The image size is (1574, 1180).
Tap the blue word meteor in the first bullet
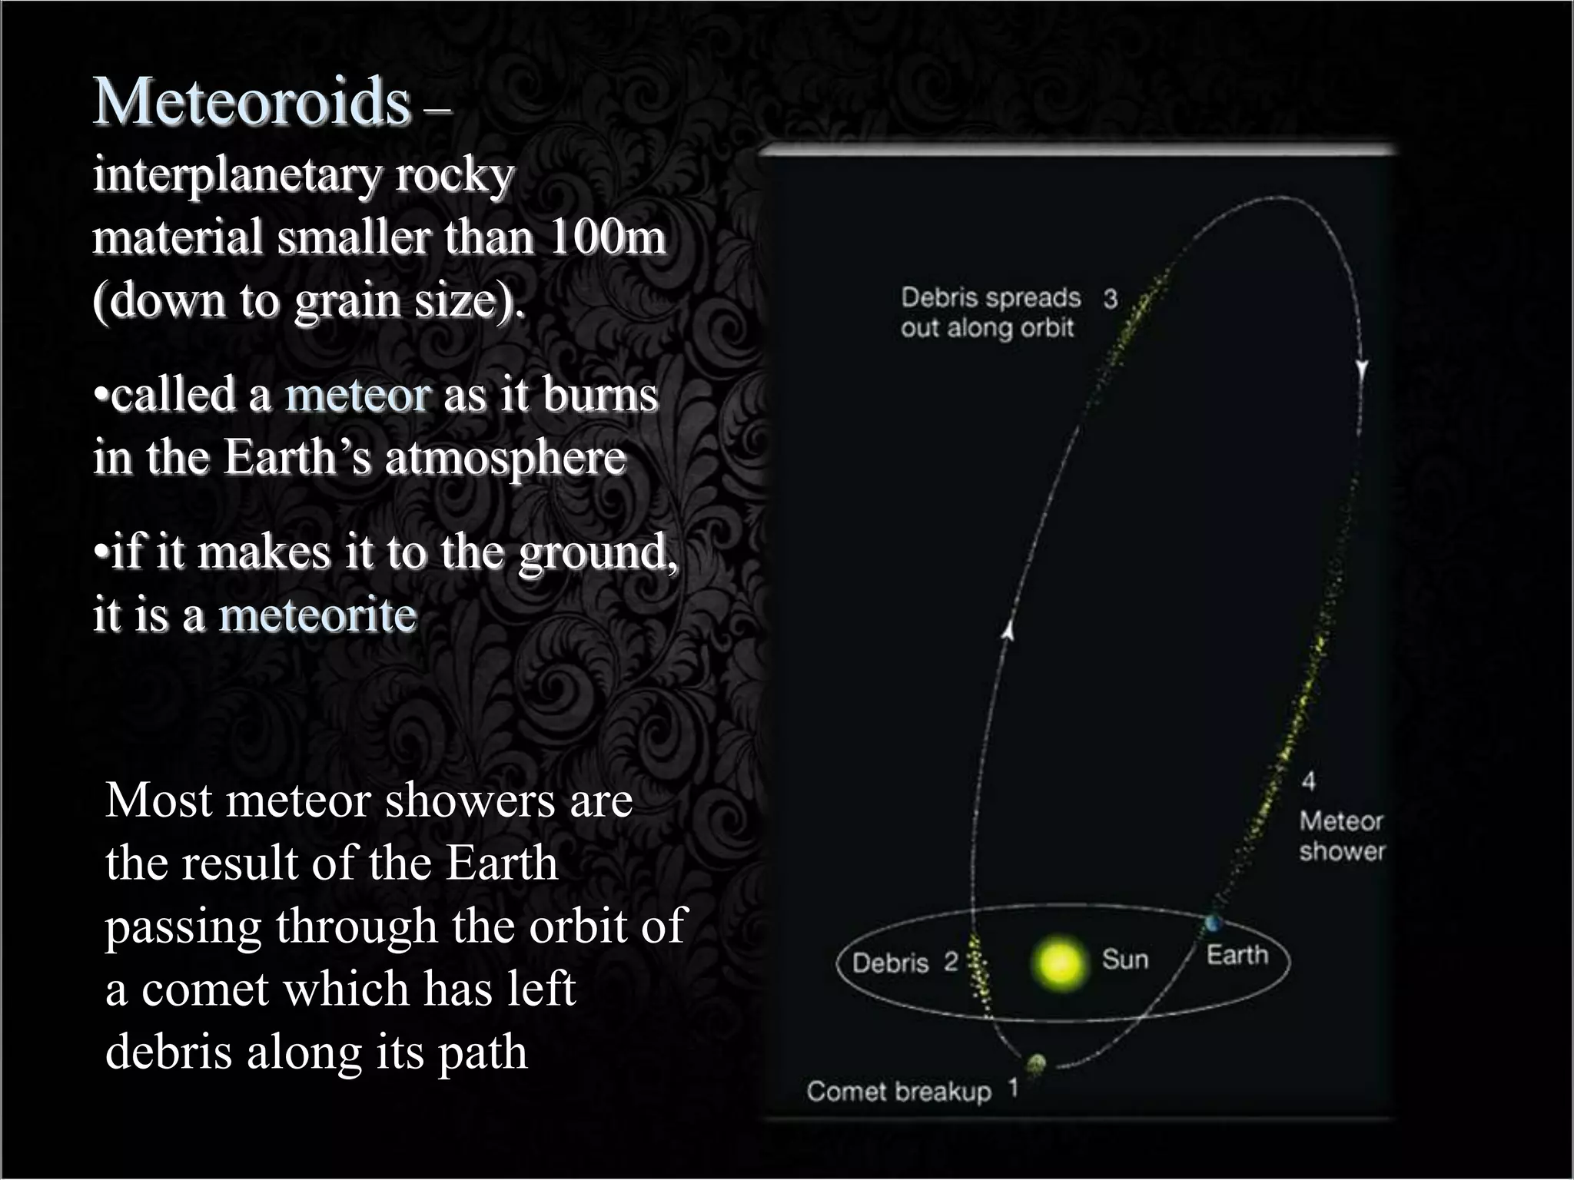(x=357, y=396)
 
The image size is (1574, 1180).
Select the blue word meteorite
(x=317, y=615)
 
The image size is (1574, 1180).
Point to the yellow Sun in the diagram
(x=1060, y=963)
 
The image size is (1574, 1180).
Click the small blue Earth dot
(x=1214, y=922)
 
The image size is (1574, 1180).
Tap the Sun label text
(x=1125, y=959)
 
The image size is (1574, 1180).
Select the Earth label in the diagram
(x=1237, y=955)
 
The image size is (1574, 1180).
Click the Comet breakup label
(x=899, y=1092)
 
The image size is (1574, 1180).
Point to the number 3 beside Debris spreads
(x=1110, y=298)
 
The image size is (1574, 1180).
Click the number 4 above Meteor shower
(x=1308, y=781)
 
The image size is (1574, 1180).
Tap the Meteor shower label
(x=1341, y=836)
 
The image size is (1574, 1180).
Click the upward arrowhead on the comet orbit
(x=1008, y=630)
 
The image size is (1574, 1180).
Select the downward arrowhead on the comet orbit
(x=1362, y=370)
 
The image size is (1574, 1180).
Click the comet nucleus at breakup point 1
(x=1036, y=1063)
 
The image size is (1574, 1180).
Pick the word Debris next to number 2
(x=890, y=963)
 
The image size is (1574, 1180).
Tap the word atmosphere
(x=505, y=459)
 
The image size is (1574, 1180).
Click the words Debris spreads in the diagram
(x=991, y=297)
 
